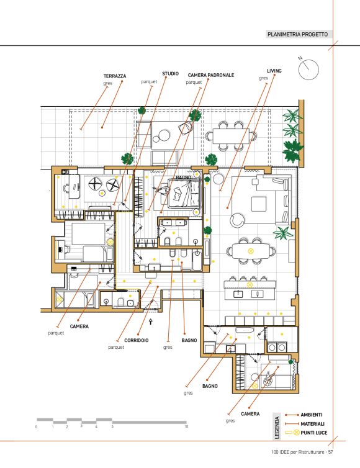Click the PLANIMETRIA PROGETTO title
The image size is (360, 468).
click(x=297, y=34)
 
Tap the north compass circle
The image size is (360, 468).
click(x=308, y=70)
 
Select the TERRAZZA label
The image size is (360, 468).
click(x=115, y=76)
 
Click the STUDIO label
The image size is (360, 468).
click(x=171, y=73)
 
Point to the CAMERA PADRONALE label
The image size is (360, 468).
click(x=211, y=75)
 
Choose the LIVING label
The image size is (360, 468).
click(x=274, y=71)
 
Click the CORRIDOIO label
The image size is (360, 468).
click(x=137, y=340)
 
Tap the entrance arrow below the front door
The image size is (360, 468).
click(x=151, y=322)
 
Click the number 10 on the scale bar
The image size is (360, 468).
click(x=186, y=427)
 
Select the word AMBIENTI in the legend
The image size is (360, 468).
click(x=312, y=415)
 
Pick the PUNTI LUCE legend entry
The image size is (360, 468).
click(x=313, y=433)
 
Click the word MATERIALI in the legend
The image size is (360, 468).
click(x=313, y=424)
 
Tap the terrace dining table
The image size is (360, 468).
click(x=231, y=136)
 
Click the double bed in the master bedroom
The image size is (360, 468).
click(x=184, y=194)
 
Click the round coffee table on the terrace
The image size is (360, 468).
click(x=161, y=136)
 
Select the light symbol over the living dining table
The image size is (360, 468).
click(x=250, y=251)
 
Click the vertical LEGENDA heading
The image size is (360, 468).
click(x=277, y=428)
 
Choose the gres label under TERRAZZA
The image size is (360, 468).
click(x=108, y=83)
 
